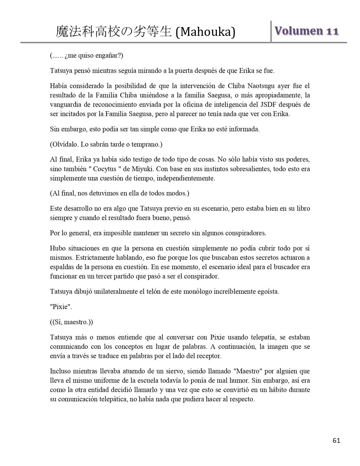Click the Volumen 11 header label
[x=306, y=31]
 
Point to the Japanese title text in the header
[x=114, y=32]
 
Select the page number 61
[x=337, y=441]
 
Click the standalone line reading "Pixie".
[x=61, y=307]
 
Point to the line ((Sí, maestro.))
[x=71, y=322]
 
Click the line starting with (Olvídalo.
[x=106, y=145]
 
